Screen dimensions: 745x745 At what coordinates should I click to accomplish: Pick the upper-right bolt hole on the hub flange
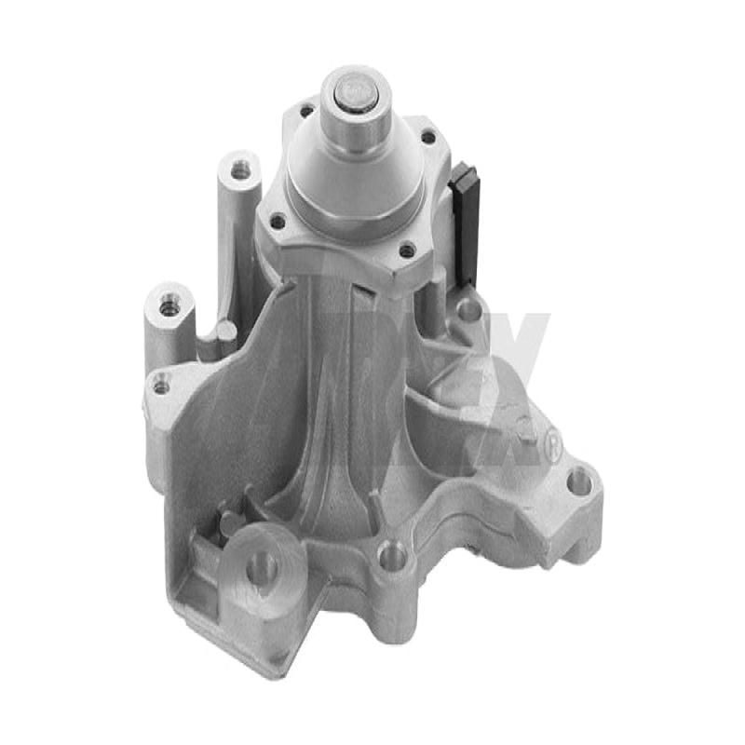[x=428, y=137]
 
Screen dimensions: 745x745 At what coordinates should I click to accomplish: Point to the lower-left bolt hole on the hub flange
[x=277, y=222]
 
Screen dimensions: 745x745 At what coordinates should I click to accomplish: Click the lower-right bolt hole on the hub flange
[x=406, y=250]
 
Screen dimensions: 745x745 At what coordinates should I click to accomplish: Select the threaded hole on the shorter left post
[x=169, y=305]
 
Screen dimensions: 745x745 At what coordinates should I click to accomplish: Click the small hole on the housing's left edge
[x=162, y=382]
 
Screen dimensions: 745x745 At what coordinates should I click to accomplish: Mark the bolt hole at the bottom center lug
[x=394, y=557]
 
